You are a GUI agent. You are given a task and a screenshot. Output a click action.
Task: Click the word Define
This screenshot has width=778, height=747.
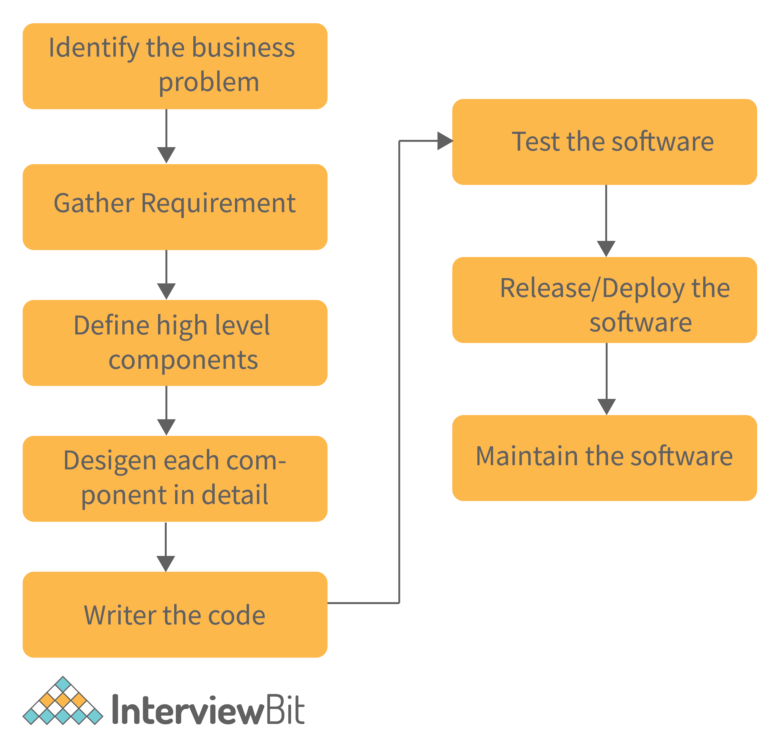[x=112, y=325]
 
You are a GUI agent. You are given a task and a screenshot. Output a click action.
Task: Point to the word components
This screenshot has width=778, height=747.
[x=183, y=360]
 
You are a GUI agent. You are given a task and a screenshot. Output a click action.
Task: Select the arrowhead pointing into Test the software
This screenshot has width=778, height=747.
[x=445, y=141]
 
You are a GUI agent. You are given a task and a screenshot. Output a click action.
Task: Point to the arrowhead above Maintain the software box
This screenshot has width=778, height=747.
[x=606, y=406]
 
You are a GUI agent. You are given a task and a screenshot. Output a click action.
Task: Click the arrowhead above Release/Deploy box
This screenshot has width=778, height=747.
[x=606, y=248]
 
